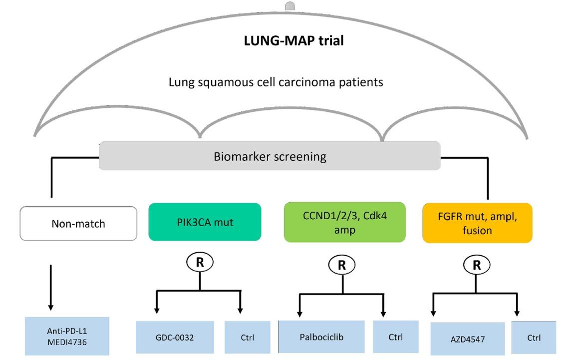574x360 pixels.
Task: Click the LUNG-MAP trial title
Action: coord(293,41)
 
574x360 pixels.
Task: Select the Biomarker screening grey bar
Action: coord(270,156)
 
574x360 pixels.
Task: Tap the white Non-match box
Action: coord(78,223)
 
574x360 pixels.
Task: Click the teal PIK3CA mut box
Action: coord(205,222)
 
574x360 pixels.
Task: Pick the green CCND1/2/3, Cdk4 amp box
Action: coord(344,222)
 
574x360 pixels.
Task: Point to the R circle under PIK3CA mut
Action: coord(200,263)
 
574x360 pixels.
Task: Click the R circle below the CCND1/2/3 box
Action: coord(342,265)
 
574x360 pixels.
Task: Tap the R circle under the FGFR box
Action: coord(477,265)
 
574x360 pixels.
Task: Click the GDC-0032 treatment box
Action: coord(175,337)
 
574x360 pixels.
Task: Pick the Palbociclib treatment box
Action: coord(322,337)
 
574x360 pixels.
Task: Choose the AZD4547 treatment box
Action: coord(467,338)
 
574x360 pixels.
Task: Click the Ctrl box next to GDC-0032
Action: coord(247,337)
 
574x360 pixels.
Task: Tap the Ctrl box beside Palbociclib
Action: coord(396,337)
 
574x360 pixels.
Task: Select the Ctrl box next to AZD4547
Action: coord(534,338)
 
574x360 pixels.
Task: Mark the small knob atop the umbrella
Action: coord(289,6)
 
